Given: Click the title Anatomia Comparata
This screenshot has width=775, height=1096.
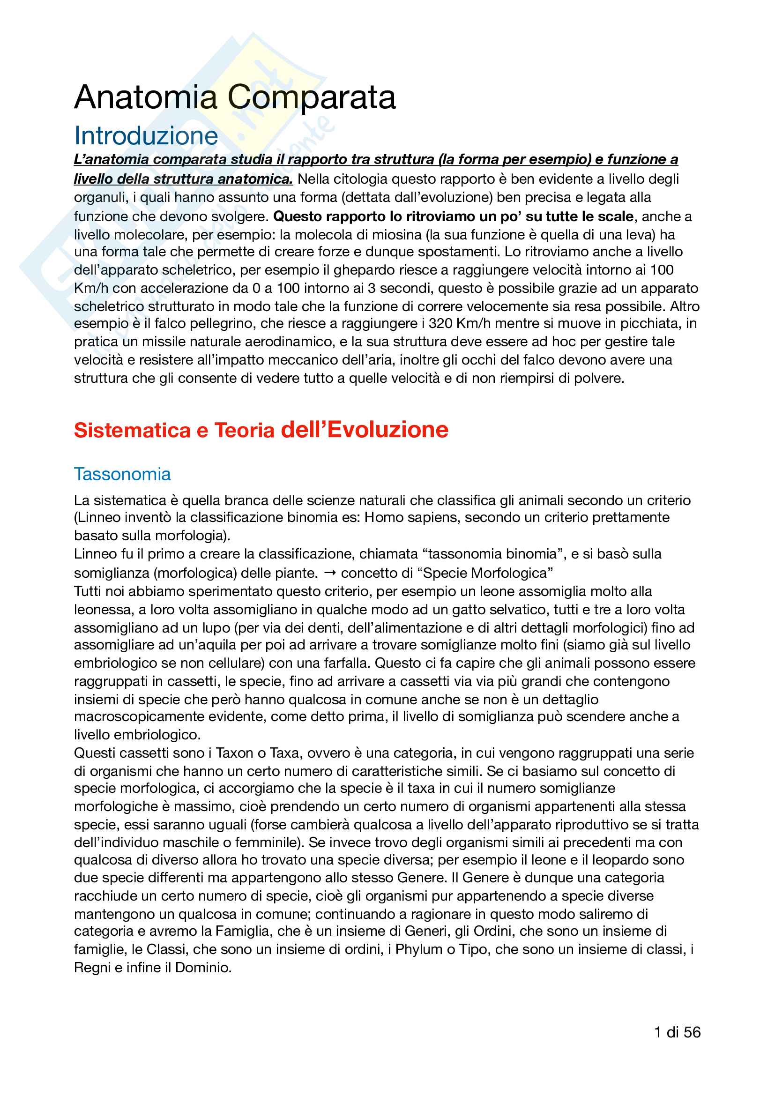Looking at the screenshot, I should tap(235, 97).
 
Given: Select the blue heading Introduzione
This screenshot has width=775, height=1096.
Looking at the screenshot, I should tap(146, 136).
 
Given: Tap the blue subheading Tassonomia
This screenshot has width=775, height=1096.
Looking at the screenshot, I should tap(122, 474).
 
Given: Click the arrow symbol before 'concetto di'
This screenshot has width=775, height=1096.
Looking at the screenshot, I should tap(330, 572).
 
